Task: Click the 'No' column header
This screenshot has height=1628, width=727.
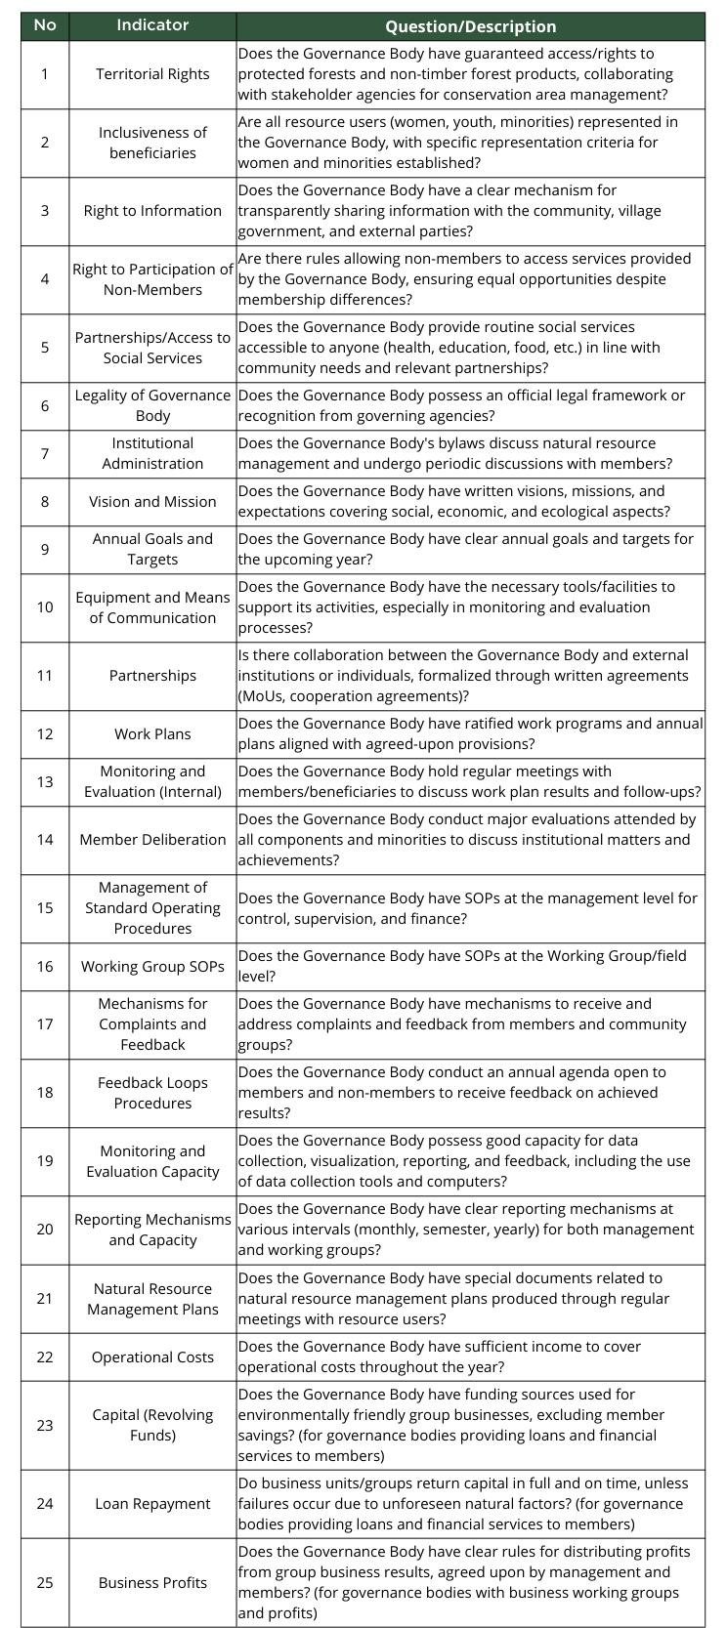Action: [45, 25]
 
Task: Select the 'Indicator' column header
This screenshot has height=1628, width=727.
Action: [152, 25]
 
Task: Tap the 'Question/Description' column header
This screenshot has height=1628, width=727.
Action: [470, 26]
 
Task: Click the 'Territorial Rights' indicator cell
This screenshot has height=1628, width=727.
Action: [152, 74]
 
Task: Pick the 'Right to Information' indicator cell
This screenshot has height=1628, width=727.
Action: [152, 211]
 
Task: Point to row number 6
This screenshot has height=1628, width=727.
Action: [45, 405]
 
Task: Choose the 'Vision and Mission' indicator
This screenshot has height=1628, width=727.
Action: [152, 502]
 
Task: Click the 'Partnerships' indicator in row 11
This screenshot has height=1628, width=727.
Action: [152, 676]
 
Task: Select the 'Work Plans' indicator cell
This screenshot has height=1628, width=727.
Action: [152, 734]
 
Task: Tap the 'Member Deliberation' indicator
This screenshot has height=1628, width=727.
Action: [152, 840]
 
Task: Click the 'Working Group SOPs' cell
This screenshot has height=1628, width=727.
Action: [152, 967]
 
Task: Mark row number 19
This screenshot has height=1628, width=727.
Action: [45, 1161]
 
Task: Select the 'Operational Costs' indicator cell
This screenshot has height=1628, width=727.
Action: [152, 1357]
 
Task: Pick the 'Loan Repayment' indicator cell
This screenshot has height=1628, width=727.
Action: [152, 1504]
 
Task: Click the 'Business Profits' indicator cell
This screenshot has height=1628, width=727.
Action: [152, 1583]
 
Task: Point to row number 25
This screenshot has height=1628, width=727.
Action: [45, 1583]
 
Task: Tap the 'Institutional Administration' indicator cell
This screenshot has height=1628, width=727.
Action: [152, 453]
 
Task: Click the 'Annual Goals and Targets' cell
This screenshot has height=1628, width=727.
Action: [152, 549]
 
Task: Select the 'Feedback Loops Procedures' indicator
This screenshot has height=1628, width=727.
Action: [152, 1093]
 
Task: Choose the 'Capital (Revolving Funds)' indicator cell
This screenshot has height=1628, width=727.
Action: [152, 1425]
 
